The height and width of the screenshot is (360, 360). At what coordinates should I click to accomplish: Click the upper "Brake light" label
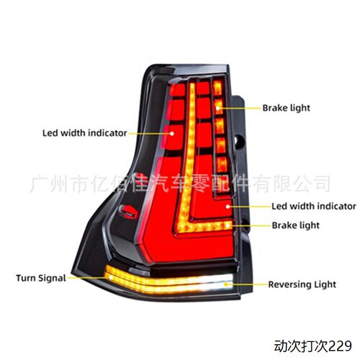(x=286, y=108)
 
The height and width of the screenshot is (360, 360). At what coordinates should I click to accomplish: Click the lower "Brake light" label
(x=295, y=225)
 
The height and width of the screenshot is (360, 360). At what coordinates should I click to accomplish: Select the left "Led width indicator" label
(x=84, y=133)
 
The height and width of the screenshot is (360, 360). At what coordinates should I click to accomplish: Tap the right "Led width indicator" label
(x=314, y=206)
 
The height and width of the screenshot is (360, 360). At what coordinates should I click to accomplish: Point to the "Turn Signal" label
(x=41, y=278)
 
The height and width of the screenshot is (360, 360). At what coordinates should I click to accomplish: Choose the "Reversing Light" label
(x=302, y=284)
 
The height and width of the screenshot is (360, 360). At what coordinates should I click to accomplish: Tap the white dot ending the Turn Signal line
(x=110, y=277)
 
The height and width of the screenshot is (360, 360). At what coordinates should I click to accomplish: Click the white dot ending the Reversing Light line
(x=226, y=284)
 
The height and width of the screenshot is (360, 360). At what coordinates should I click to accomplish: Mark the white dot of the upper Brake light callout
(x=218, y=108)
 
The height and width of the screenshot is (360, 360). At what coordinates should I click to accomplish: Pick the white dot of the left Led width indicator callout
(x=172, y=133)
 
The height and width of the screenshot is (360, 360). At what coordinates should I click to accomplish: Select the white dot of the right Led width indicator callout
(x=228, y=207)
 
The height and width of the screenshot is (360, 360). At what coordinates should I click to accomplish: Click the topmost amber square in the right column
(x=217, y=88)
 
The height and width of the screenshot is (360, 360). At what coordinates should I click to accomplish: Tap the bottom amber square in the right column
(x=222, y=164)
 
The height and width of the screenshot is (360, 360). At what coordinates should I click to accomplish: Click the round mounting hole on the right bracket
(x=240, y=141)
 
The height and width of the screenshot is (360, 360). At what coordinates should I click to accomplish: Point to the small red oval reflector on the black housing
(x=128, y=211)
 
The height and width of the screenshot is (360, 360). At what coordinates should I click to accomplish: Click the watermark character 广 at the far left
(x=39, y=184)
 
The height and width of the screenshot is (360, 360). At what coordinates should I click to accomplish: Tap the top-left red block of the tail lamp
(x=178, y=90)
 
